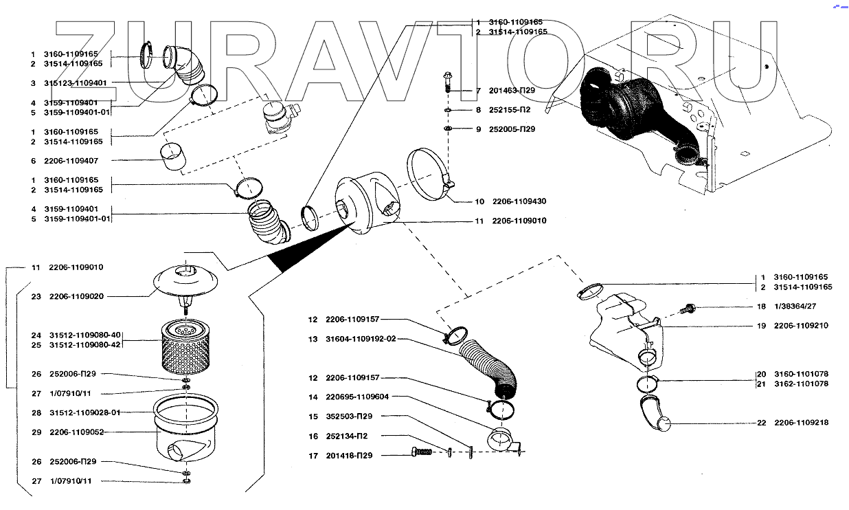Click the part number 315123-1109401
point(75,83)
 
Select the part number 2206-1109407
point(71,161)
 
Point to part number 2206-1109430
point(519,201)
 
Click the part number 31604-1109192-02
point(361,339)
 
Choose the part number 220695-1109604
point(357,397)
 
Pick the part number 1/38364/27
point(795,307)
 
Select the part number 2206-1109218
point(801,423)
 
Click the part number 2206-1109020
point(76,296)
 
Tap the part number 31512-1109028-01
point(85,412)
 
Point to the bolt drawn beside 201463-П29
point(448,82)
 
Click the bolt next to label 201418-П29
point(422,452)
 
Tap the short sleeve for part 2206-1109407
point(172,156)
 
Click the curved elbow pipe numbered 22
point(655,414)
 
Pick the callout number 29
point(36,432)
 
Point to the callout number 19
point(762,326)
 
